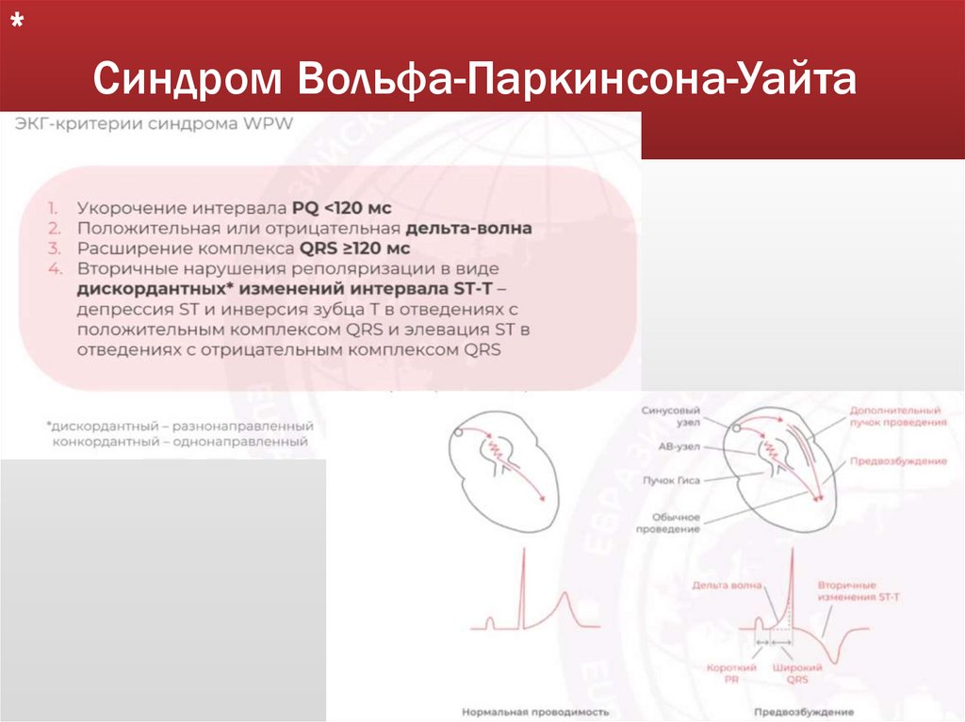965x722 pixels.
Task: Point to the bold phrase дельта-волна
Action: (469, 228)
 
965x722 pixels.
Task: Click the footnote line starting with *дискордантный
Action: (179, 426)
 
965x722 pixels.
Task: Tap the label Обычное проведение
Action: (675, 522)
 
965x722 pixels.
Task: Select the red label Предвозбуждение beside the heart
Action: (885, 461)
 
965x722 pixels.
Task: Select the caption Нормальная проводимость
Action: (535, 712)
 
